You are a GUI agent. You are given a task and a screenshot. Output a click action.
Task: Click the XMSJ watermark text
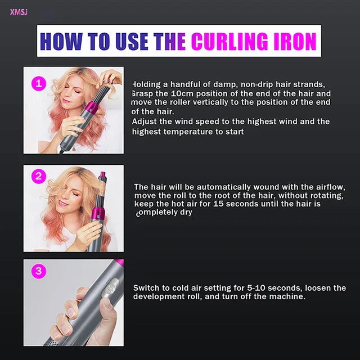(x=19, y=12)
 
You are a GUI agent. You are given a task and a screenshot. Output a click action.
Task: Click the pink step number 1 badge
(x=38, y=84)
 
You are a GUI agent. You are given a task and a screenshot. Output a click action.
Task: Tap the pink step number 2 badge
(x=38, y=177)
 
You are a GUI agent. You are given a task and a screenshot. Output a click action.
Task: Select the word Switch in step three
(x=146, y=287)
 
